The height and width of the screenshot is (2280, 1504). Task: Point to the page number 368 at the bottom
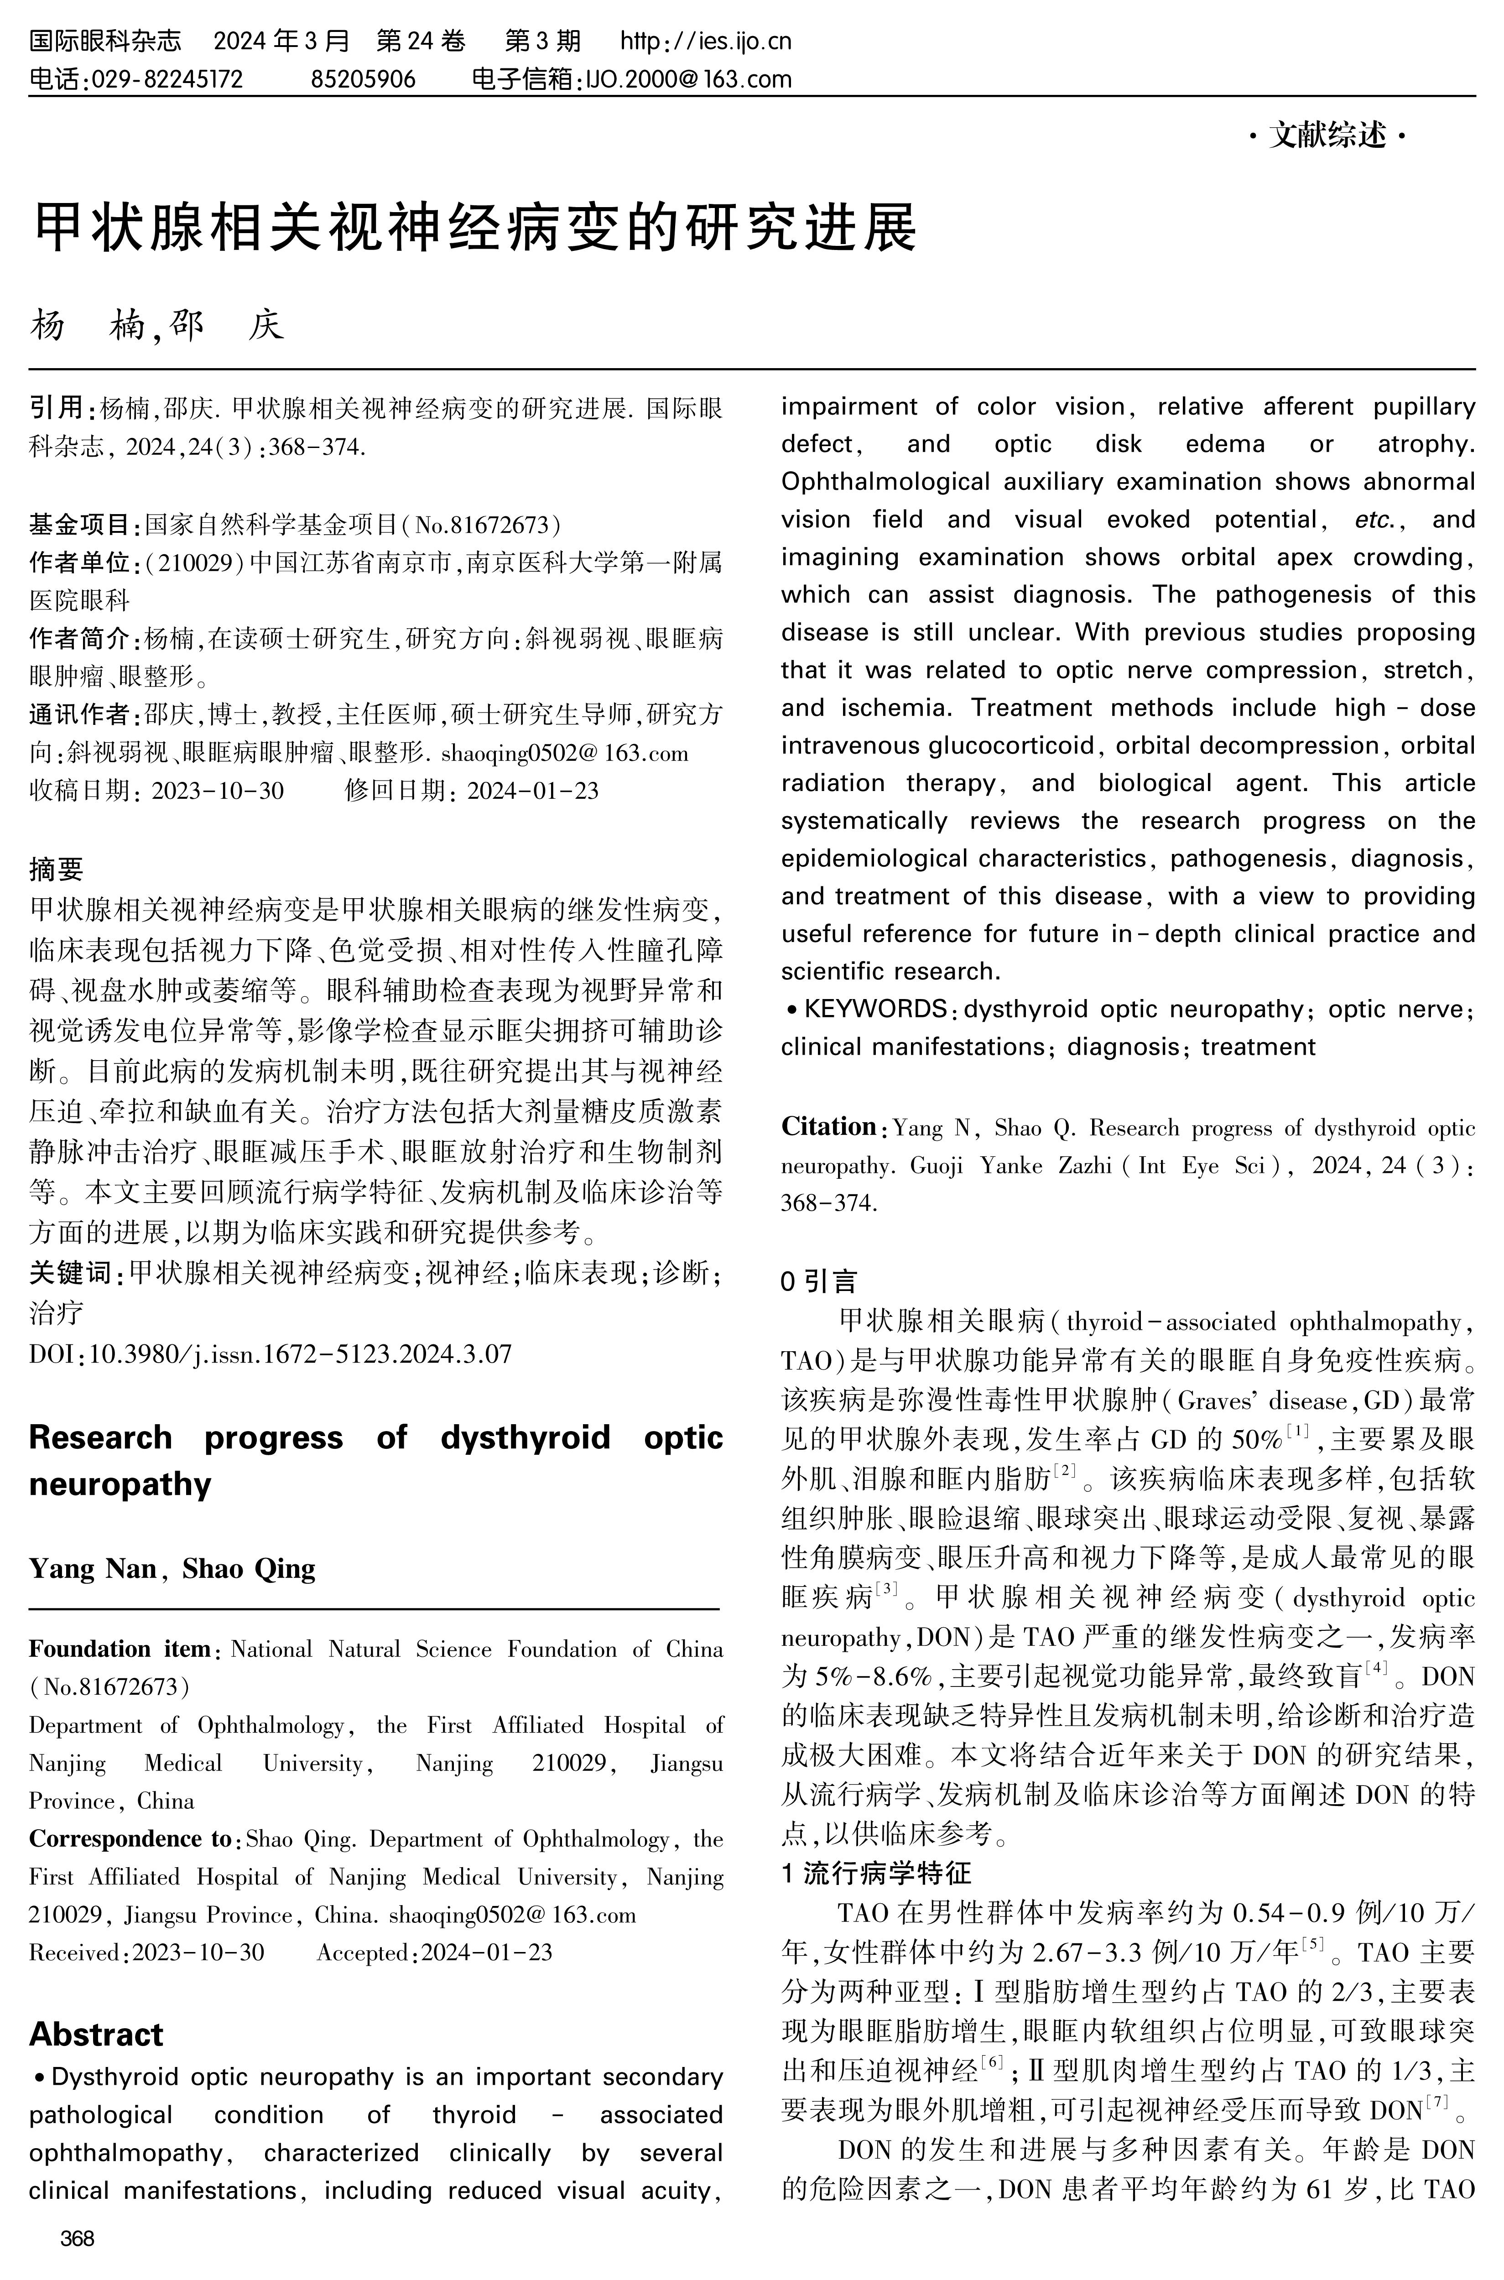pyautogui.click(x=77, y=2238)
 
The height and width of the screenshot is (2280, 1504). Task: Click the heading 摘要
pyautogui.click(x=57, y=869)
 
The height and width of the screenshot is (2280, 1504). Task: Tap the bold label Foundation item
pyautogui.click(x=120, y=1649)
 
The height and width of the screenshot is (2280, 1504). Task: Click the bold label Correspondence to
pyautogui.click(x=130, y=1839)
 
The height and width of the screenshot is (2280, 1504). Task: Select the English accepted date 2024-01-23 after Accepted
pyautogui.click(x=487, y=1952)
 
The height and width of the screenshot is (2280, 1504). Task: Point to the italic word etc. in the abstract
pyautogui.click(x=1379, y=520)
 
